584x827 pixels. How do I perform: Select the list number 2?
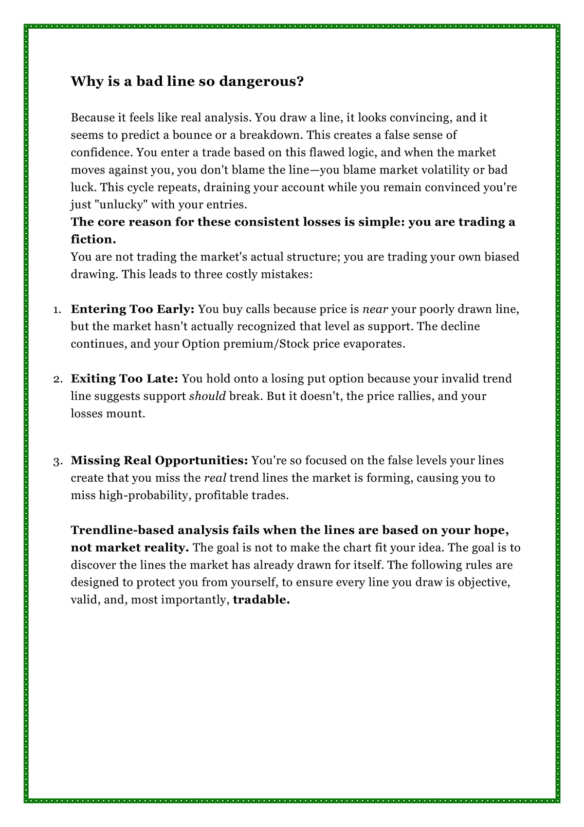56,379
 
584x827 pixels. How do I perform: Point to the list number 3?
56,461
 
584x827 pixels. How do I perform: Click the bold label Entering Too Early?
132,309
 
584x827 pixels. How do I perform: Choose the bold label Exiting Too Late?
125,379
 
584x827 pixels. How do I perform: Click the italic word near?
375,309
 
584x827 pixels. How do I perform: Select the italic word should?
207,396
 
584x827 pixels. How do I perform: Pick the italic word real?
215,478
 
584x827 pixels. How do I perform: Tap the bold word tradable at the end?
261,600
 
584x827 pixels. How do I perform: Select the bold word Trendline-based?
125,530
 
